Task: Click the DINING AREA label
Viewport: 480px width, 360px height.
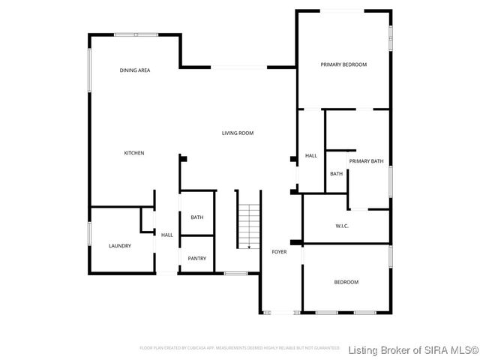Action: point(135,70)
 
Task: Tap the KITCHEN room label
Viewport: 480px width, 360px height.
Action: point(134,153)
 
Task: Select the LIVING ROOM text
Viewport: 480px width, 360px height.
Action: point(237,133)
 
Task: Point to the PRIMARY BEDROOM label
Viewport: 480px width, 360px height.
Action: point(343,64)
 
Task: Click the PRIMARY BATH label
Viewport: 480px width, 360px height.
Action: point(366,161)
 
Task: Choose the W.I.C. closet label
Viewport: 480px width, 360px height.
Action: point(342,226)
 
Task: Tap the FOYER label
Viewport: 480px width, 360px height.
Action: point(279,252)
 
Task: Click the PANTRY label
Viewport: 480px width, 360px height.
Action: point(197,259)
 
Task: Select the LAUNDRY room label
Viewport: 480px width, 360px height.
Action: point(120,246)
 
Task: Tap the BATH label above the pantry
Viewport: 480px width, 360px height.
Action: point(197,217)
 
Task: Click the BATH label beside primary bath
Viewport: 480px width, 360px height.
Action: point(336,174)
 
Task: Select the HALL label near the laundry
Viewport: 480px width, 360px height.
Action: point(166,235)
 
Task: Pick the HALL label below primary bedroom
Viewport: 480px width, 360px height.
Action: point(310,156)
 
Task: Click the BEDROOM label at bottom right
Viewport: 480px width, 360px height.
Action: point(346,282)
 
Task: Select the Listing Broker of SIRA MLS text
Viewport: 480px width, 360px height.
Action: point(412,349)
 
